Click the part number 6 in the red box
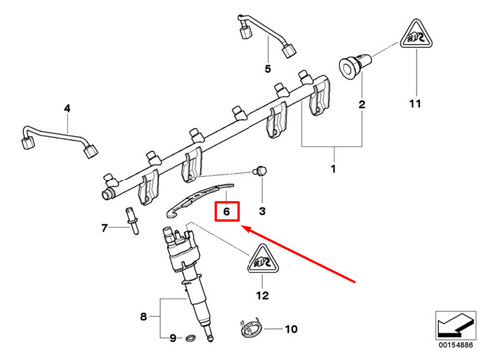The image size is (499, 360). click(x=228, y=211)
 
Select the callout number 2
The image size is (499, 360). click(x=362, y=104)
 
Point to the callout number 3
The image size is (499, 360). click(x=67, y=107)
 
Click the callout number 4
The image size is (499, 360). click(x=267, y=69)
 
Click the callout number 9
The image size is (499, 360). click(x=172, y=338)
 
